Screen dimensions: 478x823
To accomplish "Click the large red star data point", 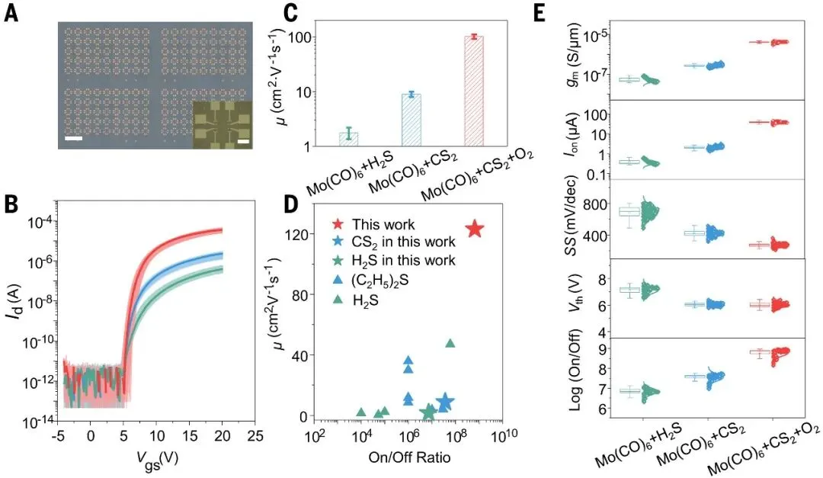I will click(474, 229).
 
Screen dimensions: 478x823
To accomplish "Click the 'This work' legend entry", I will click(383, 225).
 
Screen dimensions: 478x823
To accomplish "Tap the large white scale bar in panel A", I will click(74, 138).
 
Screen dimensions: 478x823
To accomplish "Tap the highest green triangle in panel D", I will click(450, 344).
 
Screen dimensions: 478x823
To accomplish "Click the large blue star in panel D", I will click(444, 402).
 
